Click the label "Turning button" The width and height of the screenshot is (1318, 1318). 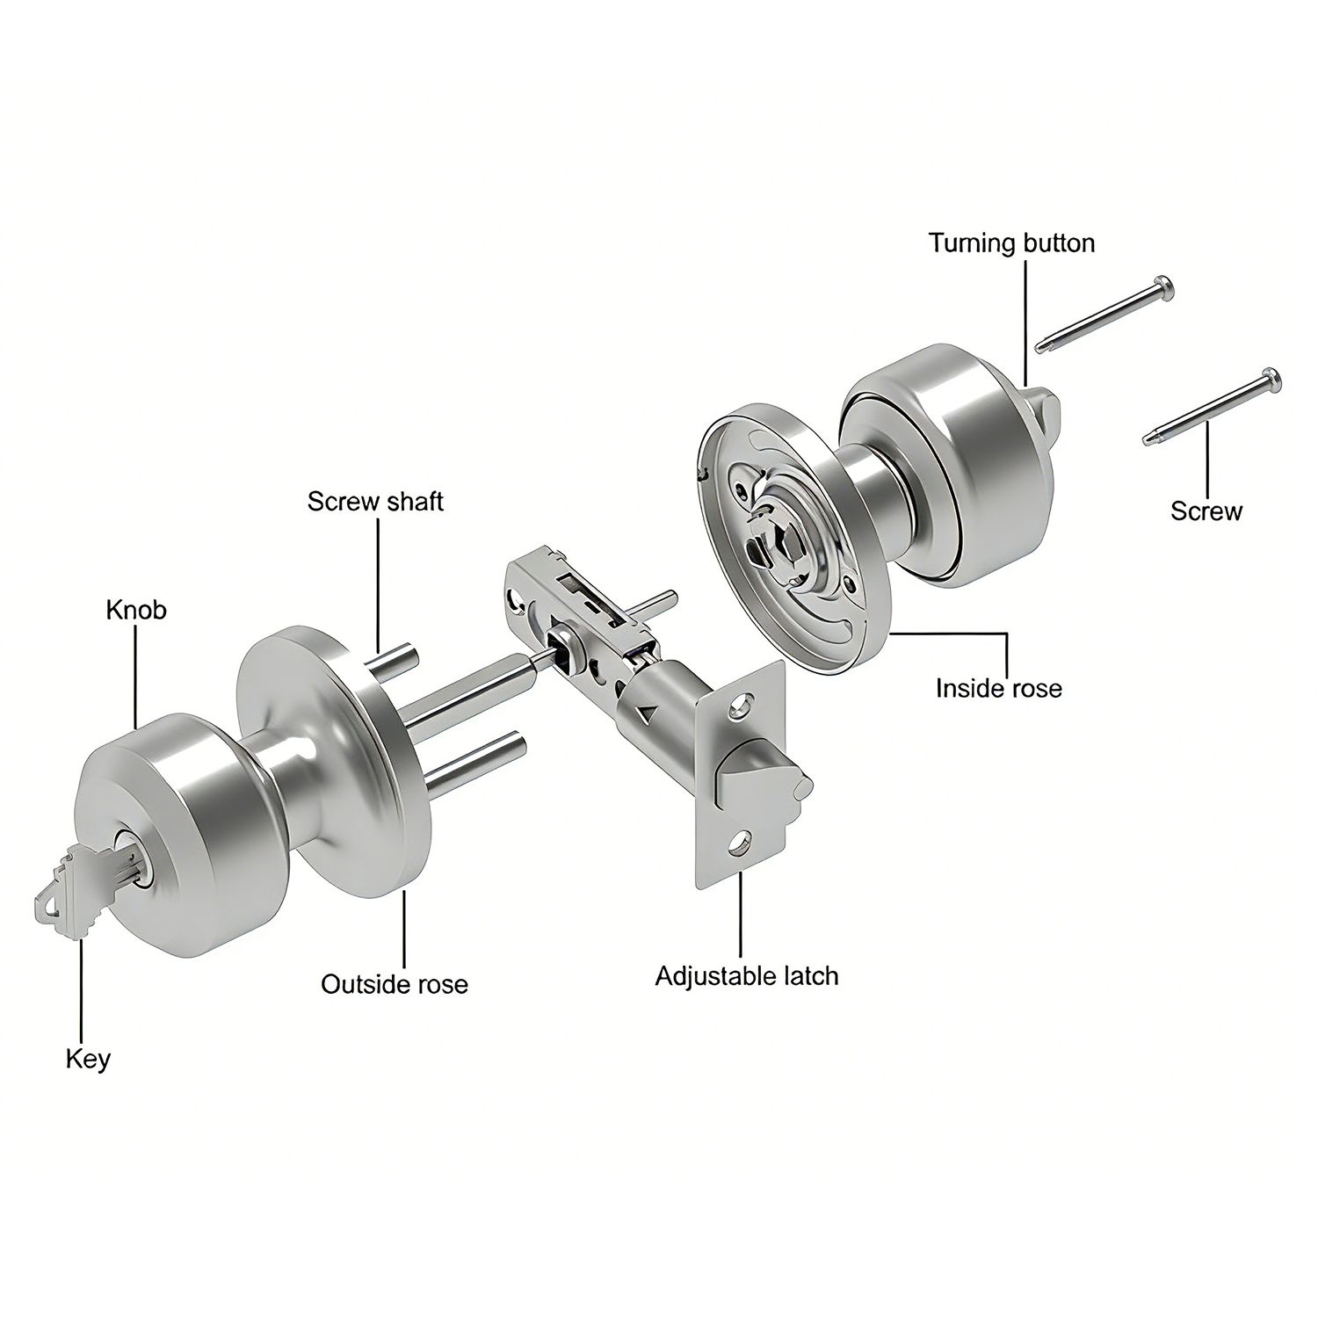(x=1011, y=243)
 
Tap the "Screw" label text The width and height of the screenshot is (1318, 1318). (x=1206, y=511)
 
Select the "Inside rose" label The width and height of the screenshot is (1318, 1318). (x=998, y=687)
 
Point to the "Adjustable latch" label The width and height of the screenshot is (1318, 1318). (x=747, y=976)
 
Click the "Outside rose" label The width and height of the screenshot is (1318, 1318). (x=395, y=984)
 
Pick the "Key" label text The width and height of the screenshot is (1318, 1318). (x=88, y=1059)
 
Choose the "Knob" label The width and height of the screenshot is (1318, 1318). (x=136, y=610)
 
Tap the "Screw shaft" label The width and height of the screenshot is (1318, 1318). (x=375, y=502)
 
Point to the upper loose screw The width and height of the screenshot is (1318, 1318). (x=1104, y=314)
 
